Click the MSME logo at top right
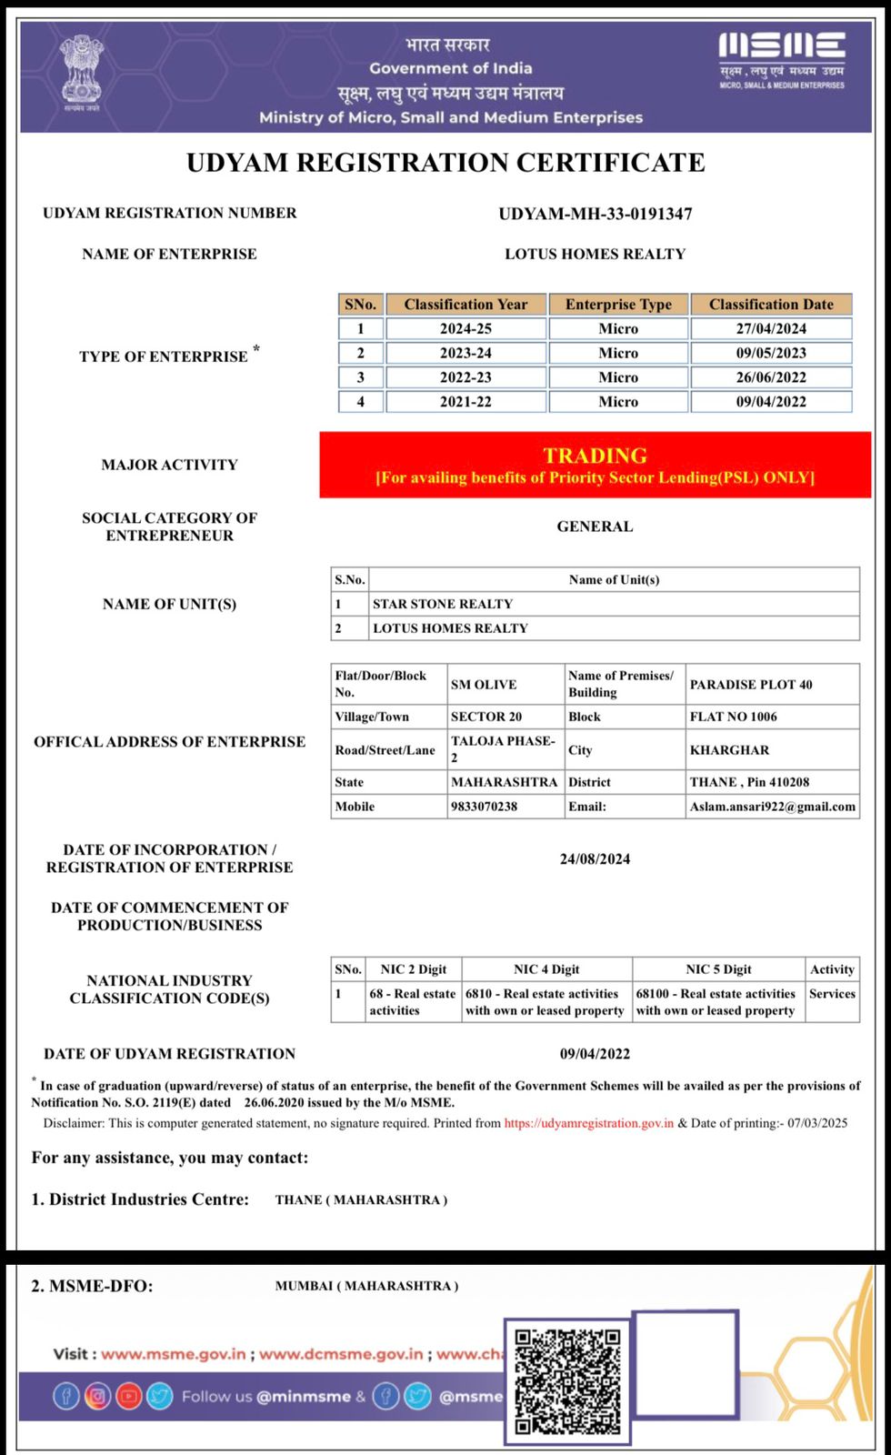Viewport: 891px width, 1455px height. click(x=781, y=60)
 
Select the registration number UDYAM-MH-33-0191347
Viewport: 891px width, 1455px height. click(x=596, y=214)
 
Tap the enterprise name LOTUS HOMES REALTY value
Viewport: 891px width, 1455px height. click(x=596, y=255)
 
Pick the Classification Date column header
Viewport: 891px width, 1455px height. click(x=771, y=305)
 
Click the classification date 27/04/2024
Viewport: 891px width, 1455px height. click(x=771, y=329)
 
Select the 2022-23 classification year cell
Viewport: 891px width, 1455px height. click(x=466, y=377)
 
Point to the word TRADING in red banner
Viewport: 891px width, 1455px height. click(x=596, y=456)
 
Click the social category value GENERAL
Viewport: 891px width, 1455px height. click(x=596, y=527)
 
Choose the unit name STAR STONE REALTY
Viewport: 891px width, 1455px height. click(x=443, y=604)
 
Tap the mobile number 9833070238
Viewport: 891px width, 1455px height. click(x=485, y=807)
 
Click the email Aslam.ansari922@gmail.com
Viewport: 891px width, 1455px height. click(x=773, y=807)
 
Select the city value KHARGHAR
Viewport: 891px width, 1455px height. click(x=729, y=750)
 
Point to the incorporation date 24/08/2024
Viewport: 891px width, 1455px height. click(x=596, y=859)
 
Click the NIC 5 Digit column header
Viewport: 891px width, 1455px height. click(x=718, y=969)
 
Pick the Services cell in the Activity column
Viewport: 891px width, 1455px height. click(x=832, y=994)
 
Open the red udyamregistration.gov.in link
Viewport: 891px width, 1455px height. click(x=589, y=1123)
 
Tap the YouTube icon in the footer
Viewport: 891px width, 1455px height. click(x=128, y=1396)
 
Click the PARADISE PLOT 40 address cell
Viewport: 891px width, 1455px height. click(x=751, y=685)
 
